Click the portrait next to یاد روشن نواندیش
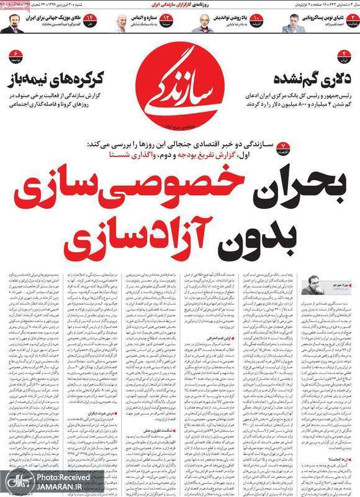pos(205,24)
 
